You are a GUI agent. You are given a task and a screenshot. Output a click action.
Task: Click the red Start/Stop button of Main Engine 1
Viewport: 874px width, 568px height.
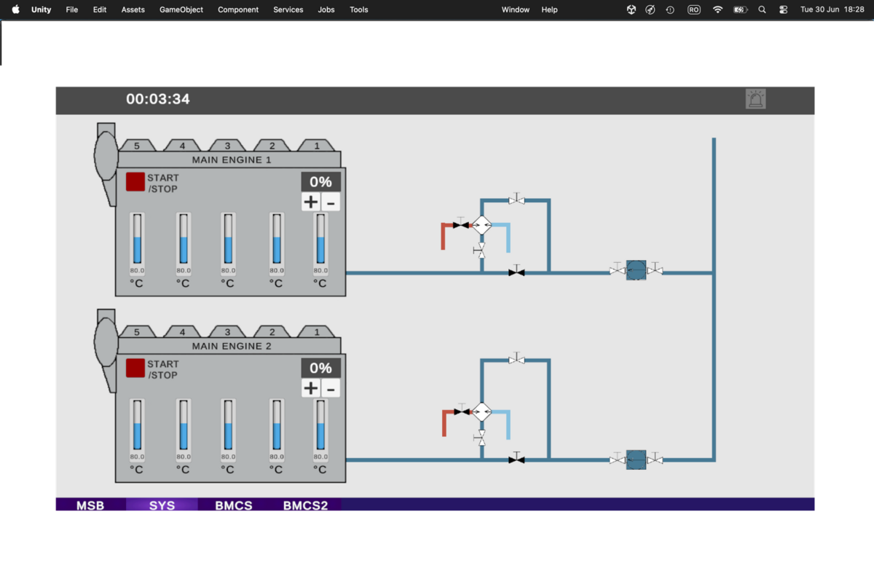point(135,182)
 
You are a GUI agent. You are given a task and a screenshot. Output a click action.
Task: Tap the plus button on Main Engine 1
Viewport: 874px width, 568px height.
point(310,202)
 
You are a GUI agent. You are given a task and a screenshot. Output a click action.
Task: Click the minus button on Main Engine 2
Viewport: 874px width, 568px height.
point(331,389)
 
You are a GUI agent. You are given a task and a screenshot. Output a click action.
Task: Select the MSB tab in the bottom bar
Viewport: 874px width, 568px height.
point(90,505)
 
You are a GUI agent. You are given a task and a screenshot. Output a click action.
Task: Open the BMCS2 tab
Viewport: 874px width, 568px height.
point(305,505)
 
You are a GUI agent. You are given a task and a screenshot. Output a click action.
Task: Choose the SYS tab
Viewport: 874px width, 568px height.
point(162,505)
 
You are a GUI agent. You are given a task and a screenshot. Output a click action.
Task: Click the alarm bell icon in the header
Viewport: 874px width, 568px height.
point(756,99)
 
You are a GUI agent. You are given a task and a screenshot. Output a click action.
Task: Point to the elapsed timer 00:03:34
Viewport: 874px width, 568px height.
point(157,99)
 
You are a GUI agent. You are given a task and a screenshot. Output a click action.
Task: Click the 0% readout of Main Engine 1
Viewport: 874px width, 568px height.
point(320,182)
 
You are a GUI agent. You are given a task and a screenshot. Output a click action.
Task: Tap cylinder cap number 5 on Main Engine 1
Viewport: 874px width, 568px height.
point(137,146)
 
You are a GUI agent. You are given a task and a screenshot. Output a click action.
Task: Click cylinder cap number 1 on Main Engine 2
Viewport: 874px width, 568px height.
point(316,332)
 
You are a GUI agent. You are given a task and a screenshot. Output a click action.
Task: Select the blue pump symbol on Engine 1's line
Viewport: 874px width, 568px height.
point(636,270)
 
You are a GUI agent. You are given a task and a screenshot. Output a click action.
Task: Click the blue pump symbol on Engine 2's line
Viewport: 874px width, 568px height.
point(636,459)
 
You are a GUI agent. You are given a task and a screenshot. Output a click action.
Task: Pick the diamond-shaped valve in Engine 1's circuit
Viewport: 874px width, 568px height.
point(482,226)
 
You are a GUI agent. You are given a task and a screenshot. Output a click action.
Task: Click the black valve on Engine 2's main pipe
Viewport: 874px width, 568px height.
point(516,459)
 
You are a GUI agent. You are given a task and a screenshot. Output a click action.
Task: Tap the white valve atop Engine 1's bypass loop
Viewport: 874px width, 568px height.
point(516,200)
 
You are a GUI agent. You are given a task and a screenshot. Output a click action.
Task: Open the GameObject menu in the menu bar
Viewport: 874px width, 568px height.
point(181,9)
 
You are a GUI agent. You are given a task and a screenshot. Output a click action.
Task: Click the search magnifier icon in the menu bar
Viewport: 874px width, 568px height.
point(762,9)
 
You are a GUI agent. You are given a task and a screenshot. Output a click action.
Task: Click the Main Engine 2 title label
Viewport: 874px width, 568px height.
point(232,346)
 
